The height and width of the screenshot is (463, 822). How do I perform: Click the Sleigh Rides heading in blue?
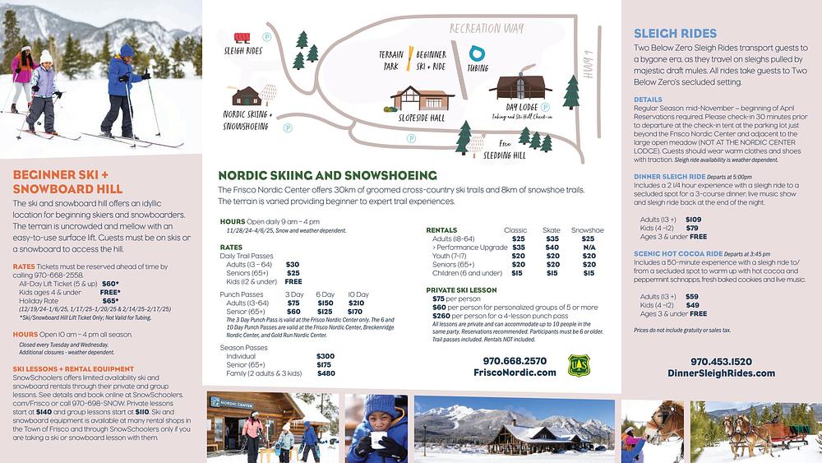point(676,34)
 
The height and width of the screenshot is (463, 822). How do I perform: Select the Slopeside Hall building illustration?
point(421,99)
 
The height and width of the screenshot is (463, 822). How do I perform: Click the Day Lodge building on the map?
point(521,88)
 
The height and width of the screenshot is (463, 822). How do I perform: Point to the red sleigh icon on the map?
point(242,37)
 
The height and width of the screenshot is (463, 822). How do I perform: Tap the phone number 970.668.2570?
point(515,360)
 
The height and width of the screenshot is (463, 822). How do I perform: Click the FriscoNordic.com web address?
point(515,373)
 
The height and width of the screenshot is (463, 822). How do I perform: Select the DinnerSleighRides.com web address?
point(721,373)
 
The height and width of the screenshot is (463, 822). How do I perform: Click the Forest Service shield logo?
point(578,366)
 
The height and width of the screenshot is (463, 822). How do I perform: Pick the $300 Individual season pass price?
point(325,356)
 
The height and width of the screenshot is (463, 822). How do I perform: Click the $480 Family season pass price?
point(326,373)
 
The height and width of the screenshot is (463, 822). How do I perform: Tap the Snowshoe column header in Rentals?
point(587,230)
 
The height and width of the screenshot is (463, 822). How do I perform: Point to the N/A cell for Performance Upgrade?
point(589,247)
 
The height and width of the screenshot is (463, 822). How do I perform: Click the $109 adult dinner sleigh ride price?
point(693,220)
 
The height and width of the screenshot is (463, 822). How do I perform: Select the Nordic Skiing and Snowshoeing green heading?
point(327,175)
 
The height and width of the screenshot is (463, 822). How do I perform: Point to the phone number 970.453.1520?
point(721,360)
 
